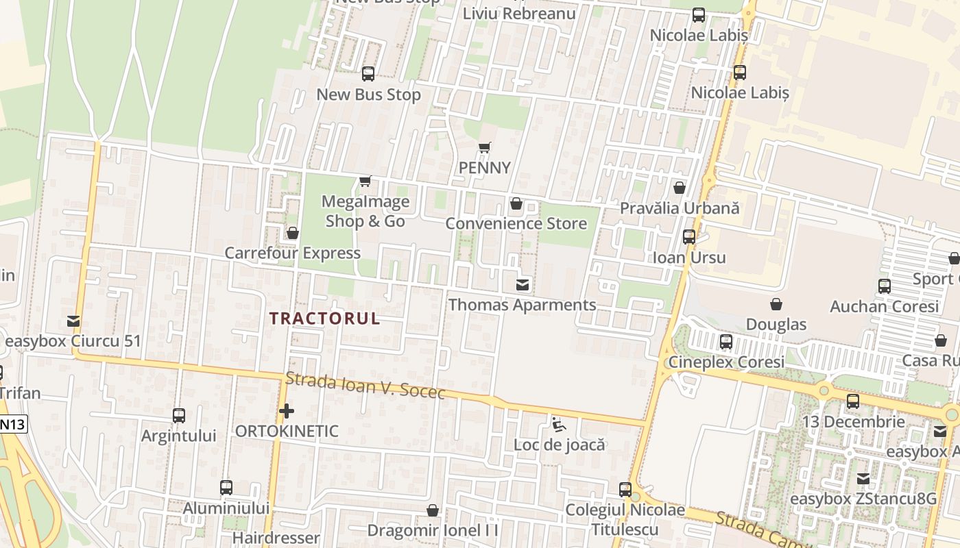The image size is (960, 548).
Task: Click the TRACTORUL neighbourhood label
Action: pyautogui.click(x=324, y=319)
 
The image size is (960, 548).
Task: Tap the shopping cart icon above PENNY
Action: pyautogui.click(x=485, y=147)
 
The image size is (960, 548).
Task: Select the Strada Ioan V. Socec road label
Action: pyautogui.click(x=365, y=386)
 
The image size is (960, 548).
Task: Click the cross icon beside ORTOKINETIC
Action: pyautogui.click(x=287, y=411)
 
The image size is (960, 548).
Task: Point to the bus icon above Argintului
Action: pyautogui.click(x=179, y=416)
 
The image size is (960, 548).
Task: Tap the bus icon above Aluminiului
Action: pyautogui.click(x=226, y=488)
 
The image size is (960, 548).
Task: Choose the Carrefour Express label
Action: pyautogui.click(x=293, y=253)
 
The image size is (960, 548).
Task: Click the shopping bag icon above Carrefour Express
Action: pyautogui.click(x=293, y=233)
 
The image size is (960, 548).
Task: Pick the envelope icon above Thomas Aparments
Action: pyautogui.click(x=523, y=284)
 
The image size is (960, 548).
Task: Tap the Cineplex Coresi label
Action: pyautogui.click(x=726, y=362)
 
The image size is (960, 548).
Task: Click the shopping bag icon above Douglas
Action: pyautogui.click(x=776, y=303)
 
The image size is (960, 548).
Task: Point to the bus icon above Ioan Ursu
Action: pyautogui.click(x=689, y=237)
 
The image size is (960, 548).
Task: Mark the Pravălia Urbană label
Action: pyautogui.click(x=680, y=208)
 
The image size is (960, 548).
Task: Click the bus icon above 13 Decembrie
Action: pyautogui.click(x=853, y=401)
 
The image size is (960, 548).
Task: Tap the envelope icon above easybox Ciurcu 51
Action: pyautogui.click(x=73, y=321)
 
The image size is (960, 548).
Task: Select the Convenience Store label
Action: pyautogui.click(x=516, y=223)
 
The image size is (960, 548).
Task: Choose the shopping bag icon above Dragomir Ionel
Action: pyautogui.click(x=433, y=510)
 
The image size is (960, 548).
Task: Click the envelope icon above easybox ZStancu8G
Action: pyautogui.click(x=863, y=478)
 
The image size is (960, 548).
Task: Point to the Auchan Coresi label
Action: pyautogui.click(x=884, y=306)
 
